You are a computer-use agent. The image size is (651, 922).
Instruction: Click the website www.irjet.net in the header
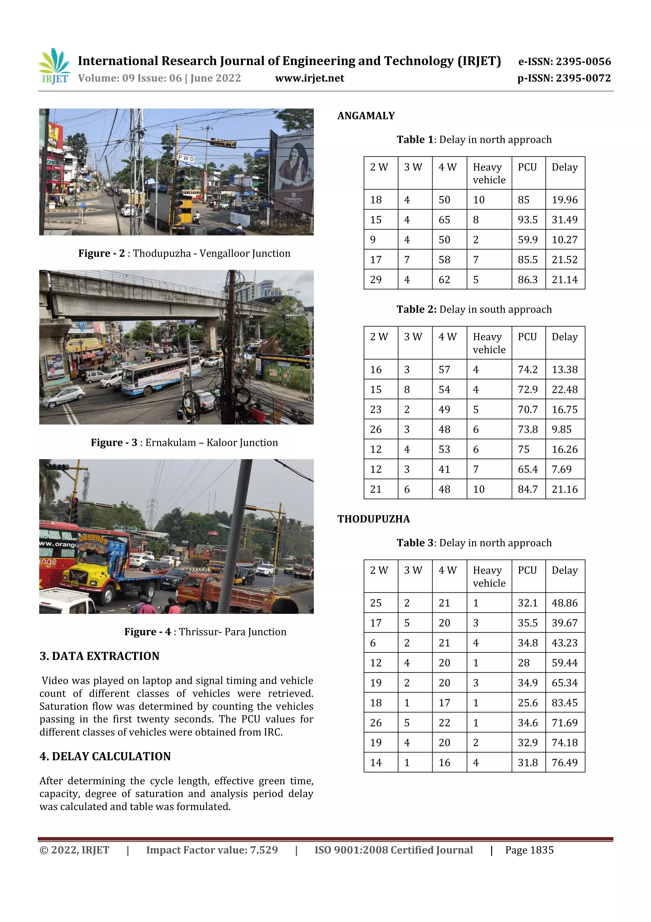point(309,78)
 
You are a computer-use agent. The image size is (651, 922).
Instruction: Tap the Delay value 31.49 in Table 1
point(564,220)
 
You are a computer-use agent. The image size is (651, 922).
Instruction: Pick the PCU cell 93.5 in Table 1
point(527,220)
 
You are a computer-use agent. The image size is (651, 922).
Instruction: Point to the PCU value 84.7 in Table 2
point(527,489)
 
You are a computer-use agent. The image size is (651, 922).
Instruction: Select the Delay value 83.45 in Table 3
point(564,702)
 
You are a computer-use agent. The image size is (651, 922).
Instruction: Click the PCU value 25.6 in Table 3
point(527,702)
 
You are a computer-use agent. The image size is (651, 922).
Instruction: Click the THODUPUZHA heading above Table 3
point(373,519)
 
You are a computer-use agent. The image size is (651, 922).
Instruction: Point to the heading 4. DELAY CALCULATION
point(105,756)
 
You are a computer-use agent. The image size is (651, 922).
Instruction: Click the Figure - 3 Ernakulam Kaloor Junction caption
point(184,442)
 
